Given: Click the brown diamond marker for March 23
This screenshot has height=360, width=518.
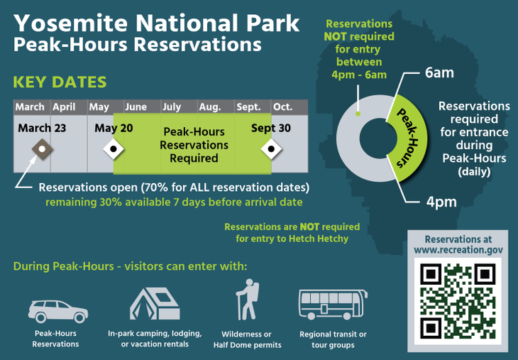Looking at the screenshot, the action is pyautogui.click(x=43, y=149).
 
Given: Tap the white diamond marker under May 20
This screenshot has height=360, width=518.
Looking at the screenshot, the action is pyautogui.click(x=114, y=149).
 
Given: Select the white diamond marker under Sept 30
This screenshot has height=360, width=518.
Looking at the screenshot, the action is pyautogui.click(x=271, y=149).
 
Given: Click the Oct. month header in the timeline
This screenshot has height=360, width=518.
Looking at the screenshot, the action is pyautogui.click(x=283, y=107).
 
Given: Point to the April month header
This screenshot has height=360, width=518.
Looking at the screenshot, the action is pyautogui.click(x=64, y=107).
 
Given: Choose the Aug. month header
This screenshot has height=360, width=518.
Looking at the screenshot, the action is pyautogui.click(x=210, y=107).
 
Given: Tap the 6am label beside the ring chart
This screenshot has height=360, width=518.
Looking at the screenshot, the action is pyautogui.click(x=439, y=72).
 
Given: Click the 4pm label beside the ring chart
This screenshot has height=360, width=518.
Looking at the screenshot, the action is pyautogui.click(x=441, y=202).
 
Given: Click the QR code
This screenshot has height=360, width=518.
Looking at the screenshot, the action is pyautogui.click(x=458, y=301).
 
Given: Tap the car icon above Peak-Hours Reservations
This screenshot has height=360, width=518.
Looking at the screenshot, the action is pyautogui.click(x=58, y=311).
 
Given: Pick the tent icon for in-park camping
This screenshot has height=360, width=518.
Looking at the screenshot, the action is pyautogui.click(x=155, y=303).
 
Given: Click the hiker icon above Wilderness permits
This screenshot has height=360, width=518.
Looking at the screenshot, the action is pyautogui.click(x=248, y=300).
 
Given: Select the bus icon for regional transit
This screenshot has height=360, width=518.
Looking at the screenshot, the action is pyautogui.click(x=333, y=305).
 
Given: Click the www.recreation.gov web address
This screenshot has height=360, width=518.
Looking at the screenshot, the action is pyautogui.click(x=458, y=250).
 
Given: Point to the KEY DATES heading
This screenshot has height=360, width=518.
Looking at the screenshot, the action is pyautogui.click(x=60, y=82).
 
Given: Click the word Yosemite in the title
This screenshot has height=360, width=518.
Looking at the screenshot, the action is pyautogui.click(x=71, y=23).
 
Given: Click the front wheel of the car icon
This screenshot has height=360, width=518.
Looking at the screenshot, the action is pyautogui.click(x=79, y=317).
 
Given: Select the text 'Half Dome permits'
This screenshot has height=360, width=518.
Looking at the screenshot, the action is pyautogui.click(x=247, y=345).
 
